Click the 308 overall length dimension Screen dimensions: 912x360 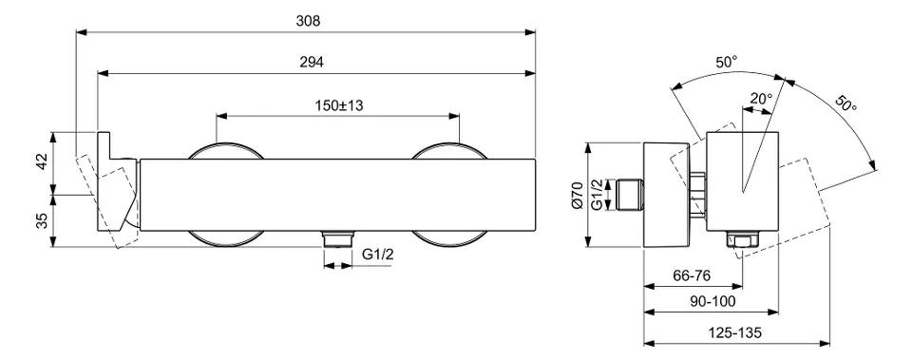[x=308, y=21]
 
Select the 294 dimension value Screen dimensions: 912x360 [x=312, y=63]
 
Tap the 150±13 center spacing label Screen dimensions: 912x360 [x=339, y=105]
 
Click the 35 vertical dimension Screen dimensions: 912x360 [x=42, y=221]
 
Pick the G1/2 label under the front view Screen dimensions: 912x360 [x=378, y=255]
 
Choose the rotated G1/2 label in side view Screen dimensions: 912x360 [x=597, y=195]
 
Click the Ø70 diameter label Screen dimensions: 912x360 [x=577, y=195]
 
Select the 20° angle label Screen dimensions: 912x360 [x=761, y=98]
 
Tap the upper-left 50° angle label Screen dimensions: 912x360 [x=727, y=62]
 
